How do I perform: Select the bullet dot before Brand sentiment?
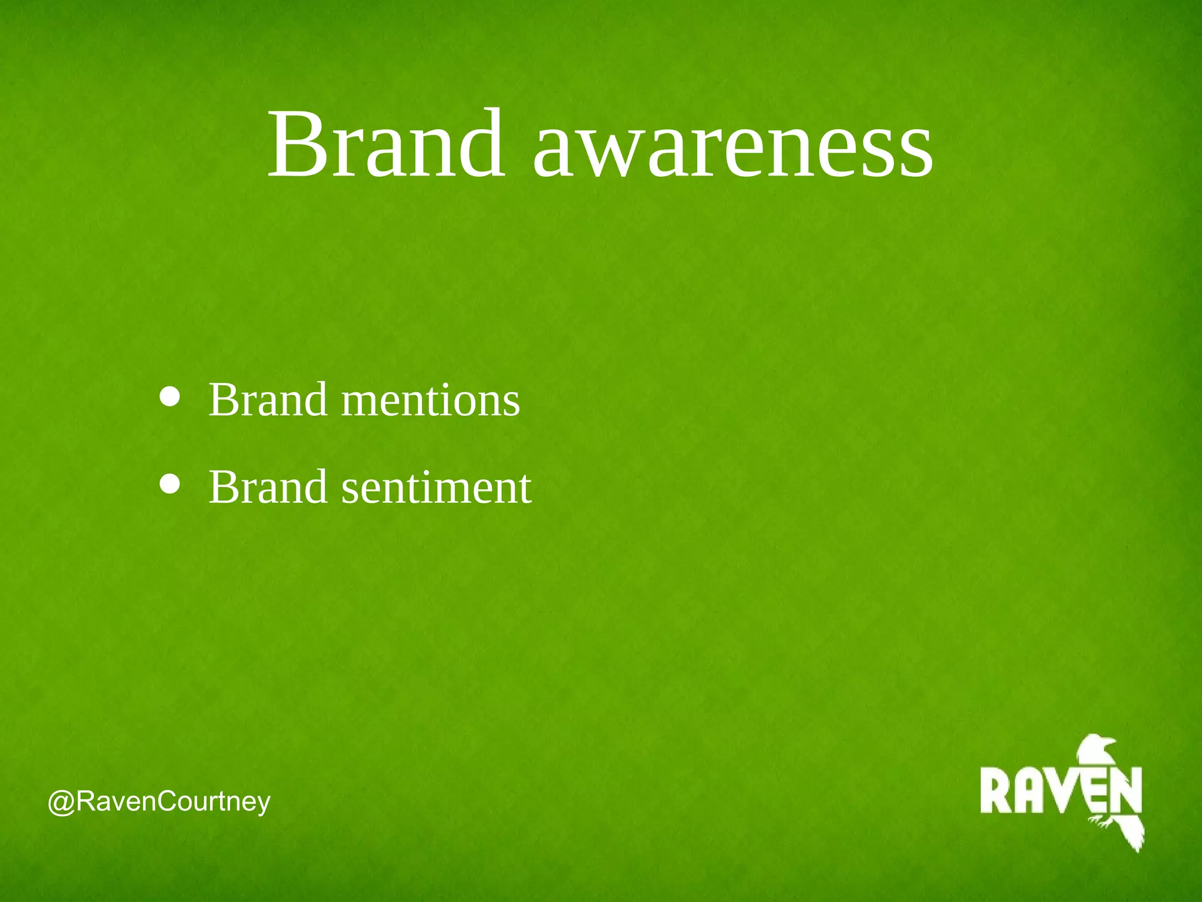click(x=170, y=484)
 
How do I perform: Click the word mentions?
click(x=430, y=400)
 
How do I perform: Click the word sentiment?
click(x=436, y=488)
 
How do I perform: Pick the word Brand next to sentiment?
click(x=268, y=487)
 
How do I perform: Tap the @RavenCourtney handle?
click(x=159, y=802)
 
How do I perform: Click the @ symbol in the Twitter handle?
click(x=60, y=803)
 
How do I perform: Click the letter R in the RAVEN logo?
click(x=996, y=791)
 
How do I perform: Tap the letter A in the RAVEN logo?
click(x=1028, y=791)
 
